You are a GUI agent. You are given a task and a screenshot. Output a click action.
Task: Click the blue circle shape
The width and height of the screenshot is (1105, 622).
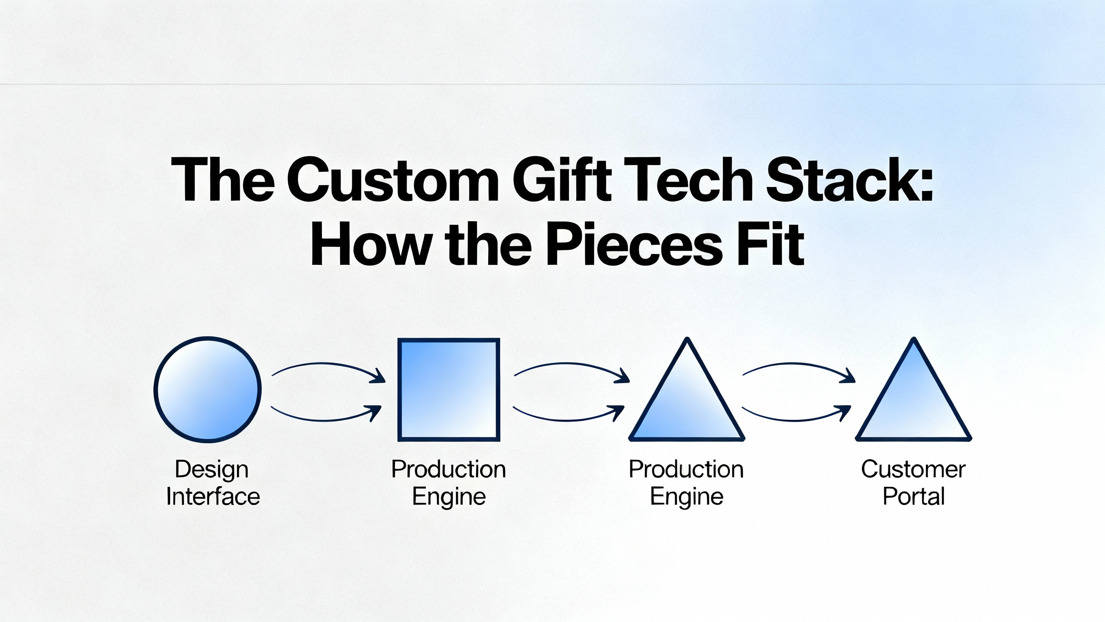(x=208, y=389)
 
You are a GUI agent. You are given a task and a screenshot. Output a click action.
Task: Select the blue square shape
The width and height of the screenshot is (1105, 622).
(x=449, y=389)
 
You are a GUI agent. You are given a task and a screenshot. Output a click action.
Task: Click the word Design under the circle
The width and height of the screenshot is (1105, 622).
(x=212, y=470)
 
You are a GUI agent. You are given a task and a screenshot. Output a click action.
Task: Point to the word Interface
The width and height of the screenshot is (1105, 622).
(x=213, y=497)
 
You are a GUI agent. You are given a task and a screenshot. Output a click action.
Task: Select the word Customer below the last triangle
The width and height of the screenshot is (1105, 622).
(x=913, y=469)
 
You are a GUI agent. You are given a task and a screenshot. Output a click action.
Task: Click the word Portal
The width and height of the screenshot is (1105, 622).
(x=913, y=497)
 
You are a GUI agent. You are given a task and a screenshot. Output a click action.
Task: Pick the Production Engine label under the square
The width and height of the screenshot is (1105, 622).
(x=449, y=482)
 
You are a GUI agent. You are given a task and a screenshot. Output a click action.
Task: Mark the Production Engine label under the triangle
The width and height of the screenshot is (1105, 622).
(x=686, y=482)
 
